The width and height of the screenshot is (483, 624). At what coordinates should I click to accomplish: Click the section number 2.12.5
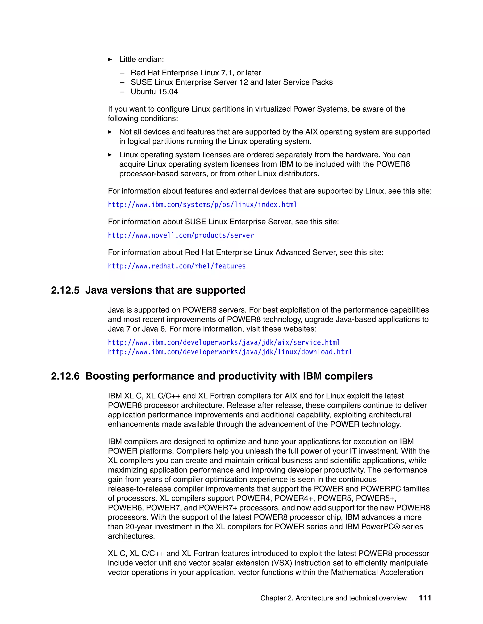tap(65, 290)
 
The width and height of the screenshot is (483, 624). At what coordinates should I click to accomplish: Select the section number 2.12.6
tap(65, 376)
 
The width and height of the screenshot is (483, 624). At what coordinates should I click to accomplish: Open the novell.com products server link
tap(181, 235)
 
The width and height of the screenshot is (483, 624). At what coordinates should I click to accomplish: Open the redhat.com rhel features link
tap(177, 266)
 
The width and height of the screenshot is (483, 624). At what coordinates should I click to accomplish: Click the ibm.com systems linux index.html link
tap(202, 205)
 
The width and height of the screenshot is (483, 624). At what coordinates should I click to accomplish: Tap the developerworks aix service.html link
tap(224, 342)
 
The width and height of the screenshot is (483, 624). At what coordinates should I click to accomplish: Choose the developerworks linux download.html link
tap(229, 352)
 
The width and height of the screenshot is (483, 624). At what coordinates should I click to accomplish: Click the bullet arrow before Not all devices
tap(110, 132)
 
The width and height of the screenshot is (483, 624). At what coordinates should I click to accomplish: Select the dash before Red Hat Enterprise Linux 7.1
tap(122, 73)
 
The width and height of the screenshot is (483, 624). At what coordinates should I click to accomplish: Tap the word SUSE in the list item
tap(141, 82)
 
